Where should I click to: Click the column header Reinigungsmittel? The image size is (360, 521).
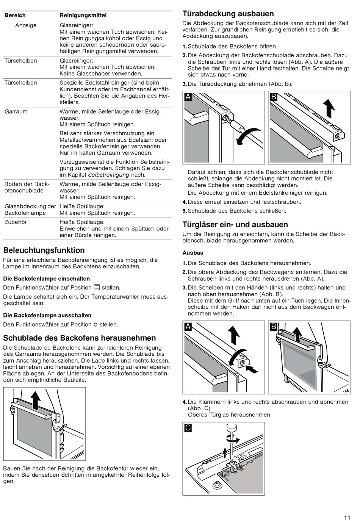[x=83, y=16]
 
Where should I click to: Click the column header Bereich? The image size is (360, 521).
[x=15, y=16]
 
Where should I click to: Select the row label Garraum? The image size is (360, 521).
[x=16, y=112]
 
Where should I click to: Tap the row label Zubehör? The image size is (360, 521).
[x=16, y=222]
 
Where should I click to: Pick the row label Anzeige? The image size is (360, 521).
[x=26, y=25]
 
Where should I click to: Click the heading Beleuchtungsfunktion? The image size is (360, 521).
[x=44, y=250]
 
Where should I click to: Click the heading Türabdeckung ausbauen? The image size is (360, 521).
[x=228, y=14]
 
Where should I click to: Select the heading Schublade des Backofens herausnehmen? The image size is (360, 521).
[x=80, y=338]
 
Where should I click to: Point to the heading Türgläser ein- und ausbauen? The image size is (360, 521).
[x=235, y=225]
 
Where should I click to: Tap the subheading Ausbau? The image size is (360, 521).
[x=193, y=253]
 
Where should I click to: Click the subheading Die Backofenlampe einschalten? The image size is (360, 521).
[x=47, y=278]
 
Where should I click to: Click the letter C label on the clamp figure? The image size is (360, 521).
[x=188, y=428]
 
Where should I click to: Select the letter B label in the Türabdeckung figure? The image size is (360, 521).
[x=274, y=97]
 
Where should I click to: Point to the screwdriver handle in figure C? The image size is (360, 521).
[x=230, y=427]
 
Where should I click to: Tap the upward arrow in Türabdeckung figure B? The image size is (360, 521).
[x=330, y=108]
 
